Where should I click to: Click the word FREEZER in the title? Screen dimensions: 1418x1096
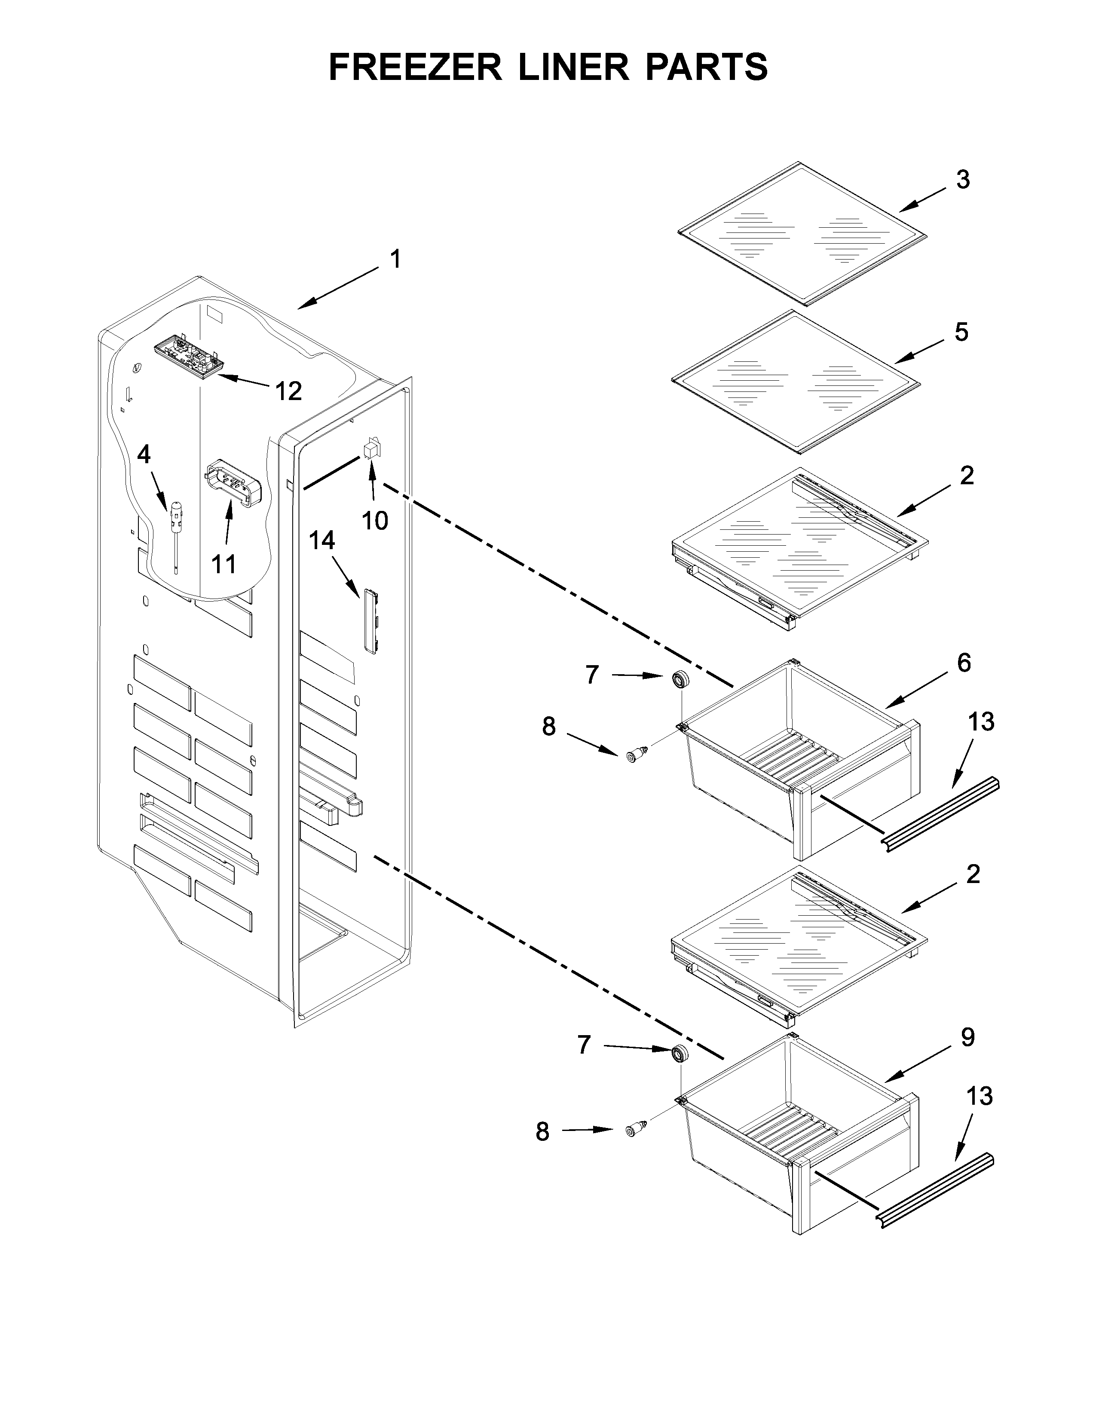[416, 67]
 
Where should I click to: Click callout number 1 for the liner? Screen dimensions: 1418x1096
[395, 259]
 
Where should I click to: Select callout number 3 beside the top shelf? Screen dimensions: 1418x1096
[963, 180]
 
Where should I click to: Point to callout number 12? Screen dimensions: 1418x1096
[288, 391]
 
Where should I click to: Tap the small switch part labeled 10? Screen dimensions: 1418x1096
[371, 448]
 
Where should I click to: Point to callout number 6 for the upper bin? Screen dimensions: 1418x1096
[964, 663]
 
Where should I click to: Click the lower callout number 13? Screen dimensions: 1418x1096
[980, 1096]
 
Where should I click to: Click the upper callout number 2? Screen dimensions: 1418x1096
[967, 476]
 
